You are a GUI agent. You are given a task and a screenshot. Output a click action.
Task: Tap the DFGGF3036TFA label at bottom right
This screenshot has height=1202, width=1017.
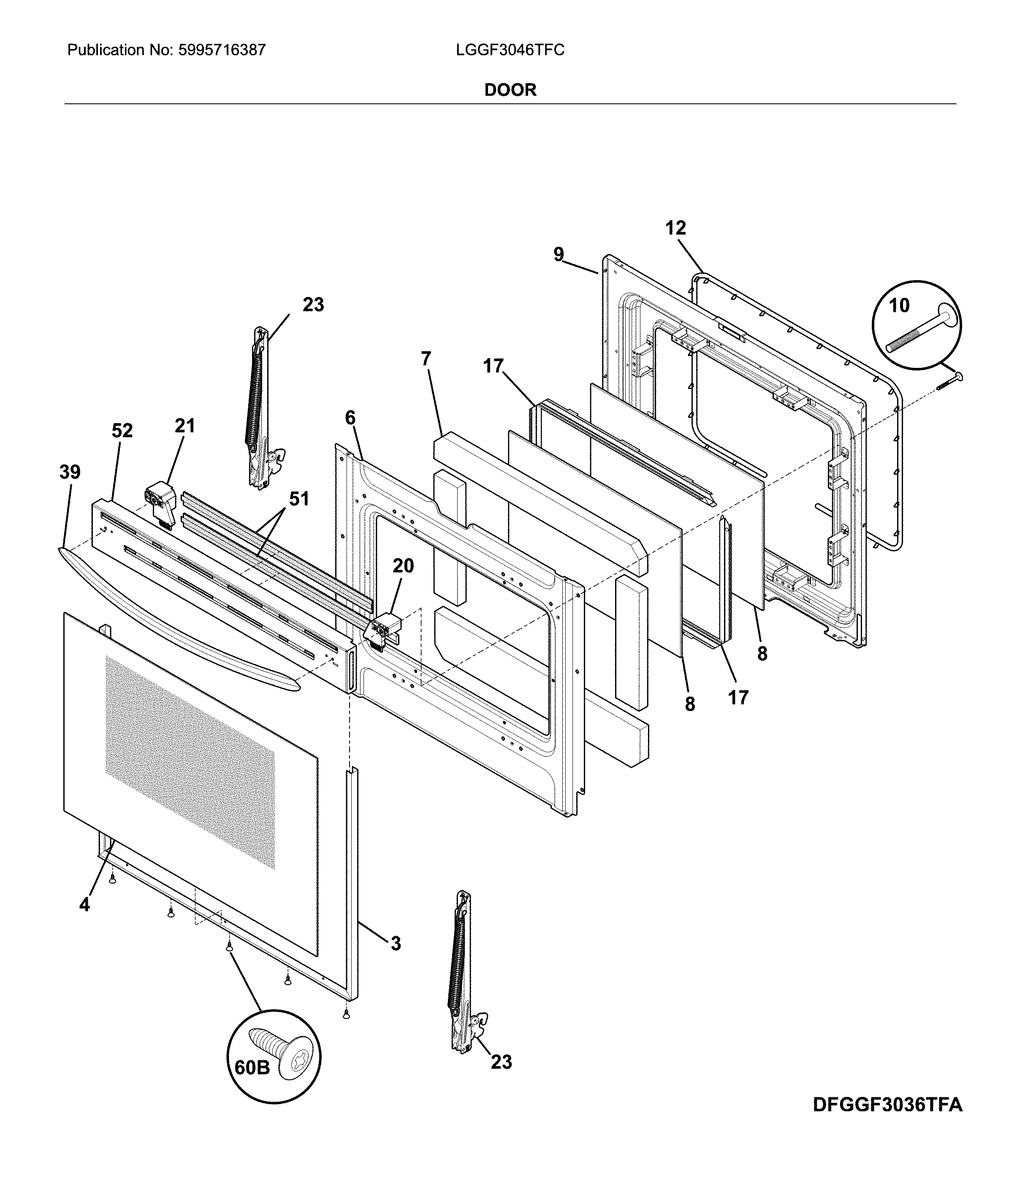click(887, 1105)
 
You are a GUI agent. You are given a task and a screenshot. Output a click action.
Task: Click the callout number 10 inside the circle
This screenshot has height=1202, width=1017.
click(899, 305)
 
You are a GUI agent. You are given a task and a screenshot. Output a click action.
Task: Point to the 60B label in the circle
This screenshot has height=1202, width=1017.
click(252, 1068)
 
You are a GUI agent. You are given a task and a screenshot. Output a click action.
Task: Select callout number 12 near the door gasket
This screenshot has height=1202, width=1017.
click(676, 228)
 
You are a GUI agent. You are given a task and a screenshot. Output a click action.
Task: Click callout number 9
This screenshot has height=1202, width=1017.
click(558, 254)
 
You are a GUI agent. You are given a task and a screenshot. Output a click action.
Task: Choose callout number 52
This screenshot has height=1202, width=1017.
click(122, 430)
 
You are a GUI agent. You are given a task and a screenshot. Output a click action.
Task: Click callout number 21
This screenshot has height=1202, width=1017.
click(184, 426)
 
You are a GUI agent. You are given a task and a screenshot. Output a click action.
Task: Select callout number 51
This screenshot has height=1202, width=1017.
click(298, 498)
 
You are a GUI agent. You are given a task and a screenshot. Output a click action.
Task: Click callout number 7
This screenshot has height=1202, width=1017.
click(426, 359)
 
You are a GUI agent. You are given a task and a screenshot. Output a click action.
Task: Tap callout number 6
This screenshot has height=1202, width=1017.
click(350, 418)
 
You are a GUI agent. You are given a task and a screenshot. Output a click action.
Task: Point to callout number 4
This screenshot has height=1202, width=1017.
click(84, 905)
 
